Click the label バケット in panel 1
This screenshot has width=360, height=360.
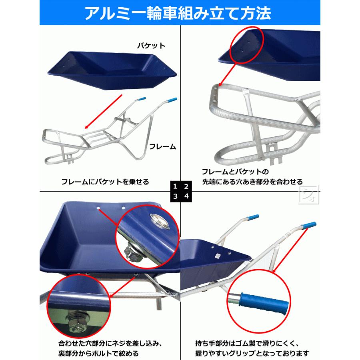tap(151, 46)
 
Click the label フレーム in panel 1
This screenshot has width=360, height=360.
tap(162, 146)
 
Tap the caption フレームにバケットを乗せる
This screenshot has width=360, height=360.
tap(105, 182)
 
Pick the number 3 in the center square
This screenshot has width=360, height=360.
tap(175, 196)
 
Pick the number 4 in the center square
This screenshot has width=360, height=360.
tap(186, 196)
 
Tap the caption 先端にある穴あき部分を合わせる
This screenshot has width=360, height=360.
tap(252, 182)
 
